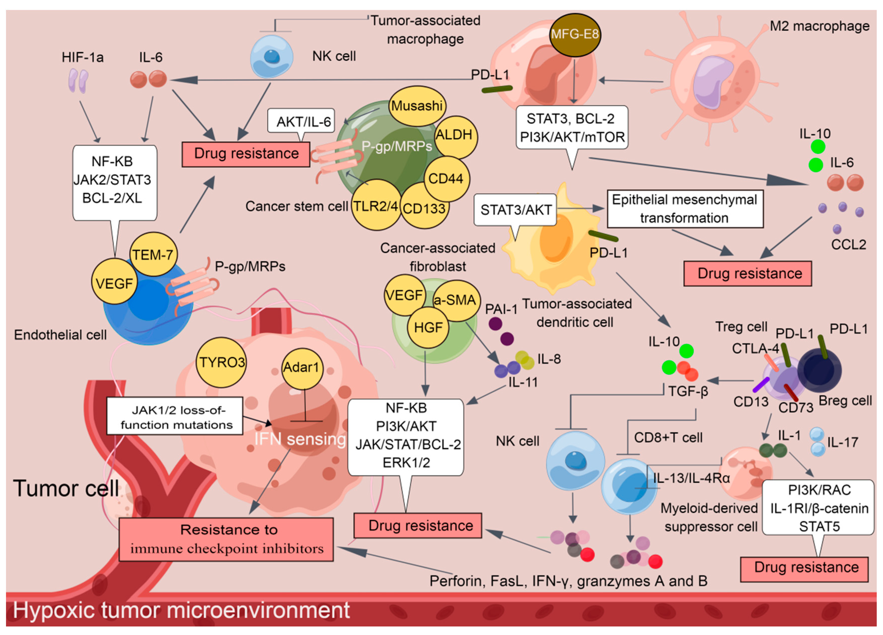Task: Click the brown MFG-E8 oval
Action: pos(575,35)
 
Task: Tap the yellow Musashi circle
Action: pos(417,106)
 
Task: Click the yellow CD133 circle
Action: pos(424,208)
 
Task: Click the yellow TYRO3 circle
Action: pos(222,362)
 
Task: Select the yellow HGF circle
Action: pos(428,328)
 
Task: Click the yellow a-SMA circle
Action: pos(456,300)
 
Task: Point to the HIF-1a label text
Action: pos(82,58)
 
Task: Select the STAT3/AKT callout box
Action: pos(515,210)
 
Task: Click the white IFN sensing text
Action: pos(299,439)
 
